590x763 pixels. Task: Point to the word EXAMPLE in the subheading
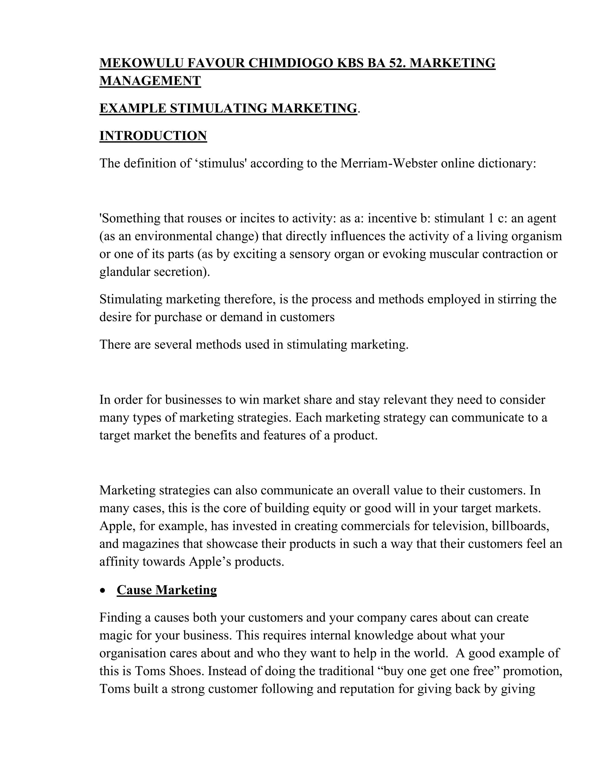pyautogui.click(x=133, y=108)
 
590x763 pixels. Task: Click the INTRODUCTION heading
pyautogui.click(x=153, y=136)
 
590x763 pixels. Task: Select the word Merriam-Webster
pyautogui.click(x=389, y=164)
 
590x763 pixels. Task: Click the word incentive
pyautogui.click(x=390, y=218)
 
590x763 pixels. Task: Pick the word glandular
pyautogui.click(x=125, y=272)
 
